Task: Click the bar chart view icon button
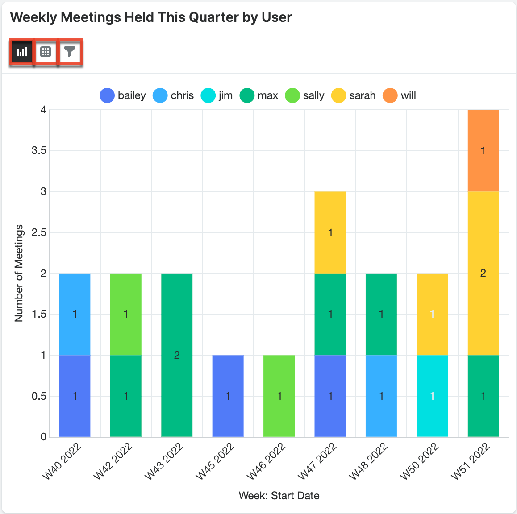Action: [x=21, y=52]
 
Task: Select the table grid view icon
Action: [x=46, y=52]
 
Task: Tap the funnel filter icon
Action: [x=70, y=52]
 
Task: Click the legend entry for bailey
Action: [x=123, y=95]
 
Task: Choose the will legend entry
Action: [x=400, y=95]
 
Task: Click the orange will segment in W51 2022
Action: [x=483, y=150]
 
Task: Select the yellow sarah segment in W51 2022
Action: [x=483, y=273]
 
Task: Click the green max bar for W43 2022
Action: [x=177, y=355]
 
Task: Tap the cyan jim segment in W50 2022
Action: [x=432, y=396]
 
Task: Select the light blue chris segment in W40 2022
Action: [x=75, y=314]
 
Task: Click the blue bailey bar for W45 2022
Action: [x=228, y=396]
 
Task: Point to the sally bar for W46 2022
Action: [x=279, y=396]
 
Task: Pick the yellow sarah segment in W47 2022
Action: [x=330, y=232]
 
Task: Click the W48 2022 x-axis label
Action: [x=368, y=461]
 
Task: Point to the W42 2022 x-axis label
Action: [x=113, y=461]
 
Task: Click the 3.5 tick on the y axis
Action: [x=39, y=150]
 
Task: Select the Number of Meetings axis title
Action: [x=19, y=273]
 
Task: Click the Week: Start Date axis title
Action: [x=279, y=496]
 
